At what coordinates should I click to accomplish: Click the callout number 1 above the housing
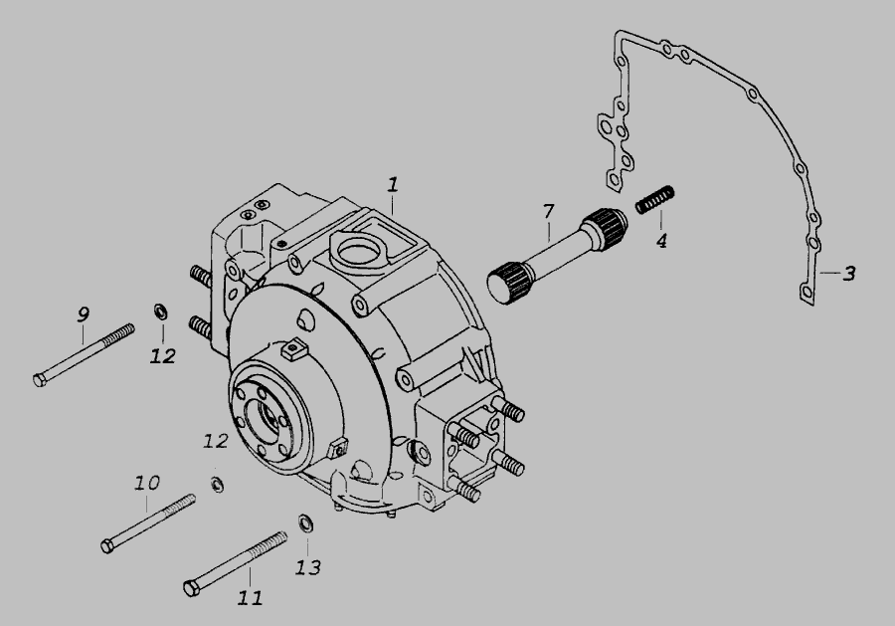[x=392, y=185]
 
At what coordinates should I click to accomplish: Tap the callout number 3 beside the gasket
[x=849, y=274]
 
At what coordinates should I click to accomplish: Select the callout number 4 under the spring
[x=661, y=241]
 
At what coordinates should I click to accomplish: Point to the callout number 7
[x=549, y=211]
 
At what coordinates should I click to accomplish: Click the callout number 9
[x=84, y=314]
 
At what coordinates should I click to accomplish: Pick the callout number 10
[x=147, y=484]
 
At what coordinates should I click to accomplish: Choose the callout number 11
[x=250, y=598]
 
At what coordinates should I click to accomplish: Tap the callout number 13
[x=308, y=567]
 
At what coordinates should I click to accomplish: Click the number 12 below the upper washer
[x=163, y=356]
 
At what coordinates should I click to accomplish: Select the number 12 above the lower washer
[x=216, y=441]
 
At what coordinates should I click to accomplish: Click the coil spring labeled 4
[x=655, y=200]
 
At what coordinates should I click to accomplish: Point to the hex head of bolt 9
[x=40, y=380]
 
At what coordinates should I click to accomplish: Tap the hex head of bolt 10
[x=107, y=546]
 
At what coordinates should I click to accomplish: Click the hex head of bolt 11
[x=191, y=588]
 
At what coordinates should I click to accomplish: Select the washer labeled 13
[x=306, y=523]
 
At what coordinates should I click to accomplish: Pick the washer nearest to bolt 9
[x=160, y=312]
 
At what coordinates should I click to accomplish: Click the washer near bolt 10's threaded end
[x=217, y=485]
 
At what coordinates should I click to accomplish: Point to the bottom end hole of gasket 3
[x=805, y=293]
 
